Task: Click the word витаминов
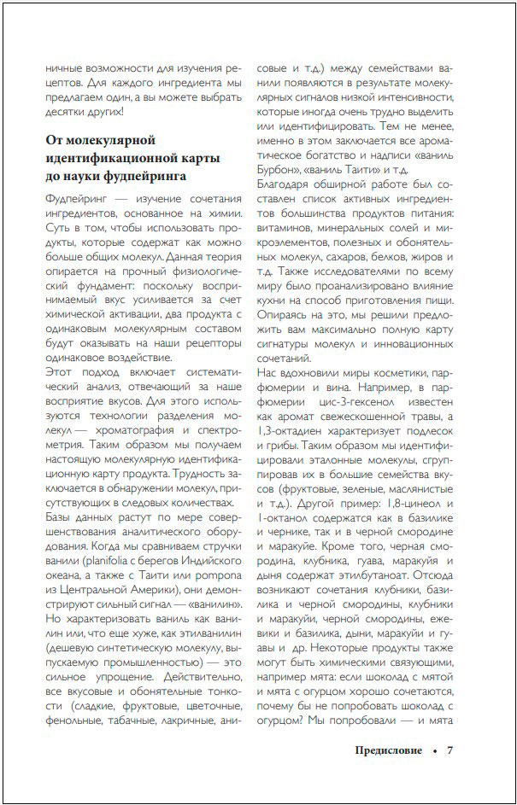[x=289, y=232]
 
